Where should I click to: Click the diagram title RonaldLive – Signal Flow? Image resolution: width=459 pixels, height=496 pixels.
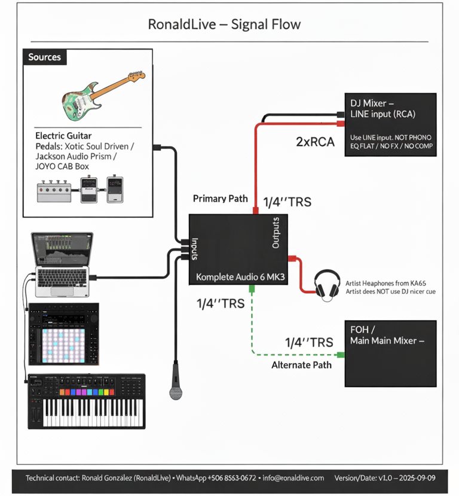tap(224, 25)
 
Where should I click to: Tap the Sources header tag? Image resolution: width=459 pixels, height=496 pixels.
tap(45, 57)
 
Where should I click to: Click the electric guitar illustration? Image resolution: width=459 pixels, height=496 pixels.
tap(102, 95)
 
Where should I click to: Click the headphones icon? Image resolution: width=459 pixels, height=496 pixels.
tap(327, 284)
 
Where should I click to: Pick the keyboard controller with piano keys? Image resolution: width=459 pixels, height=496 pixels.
tap(86, 400)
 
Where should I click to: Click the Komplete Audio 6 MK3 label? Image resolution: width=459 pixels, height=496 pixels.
tap(239, 278)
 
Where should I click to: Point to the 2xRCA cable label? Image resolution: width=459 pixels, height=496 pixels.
tap(314, 142)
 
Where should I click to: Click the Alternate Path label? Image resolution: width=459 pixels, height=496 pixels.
tap(301, 364)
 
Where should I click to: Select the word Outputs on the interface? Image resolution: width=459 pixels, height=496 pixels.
tap(276, 233)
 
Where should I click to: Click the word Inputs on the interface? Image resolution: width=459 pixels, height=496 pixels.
tap(195, 248)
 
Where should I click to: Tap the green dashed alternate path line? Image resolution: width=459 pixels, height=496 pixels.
tap(252, 326)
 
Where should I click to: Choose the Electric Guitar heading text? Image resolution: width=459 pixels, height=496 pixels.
tap(63, 136)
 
